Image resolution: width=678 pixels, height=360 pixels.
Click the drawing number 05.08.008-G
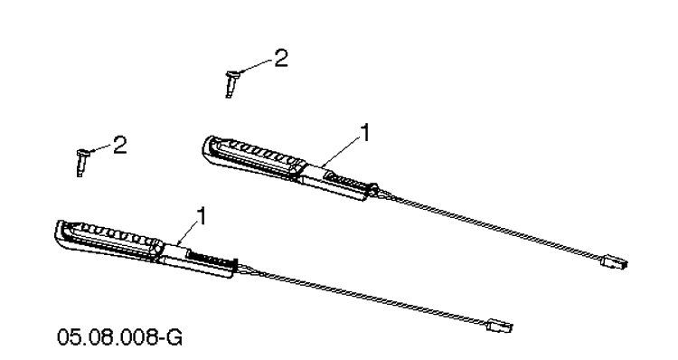[x=119, y=337]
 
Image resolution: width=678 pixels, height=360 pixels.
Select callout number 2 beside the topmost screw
[x=281, y=58]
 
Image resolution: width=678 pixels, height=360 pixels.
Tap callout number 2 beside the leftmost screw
[x=119, y=145]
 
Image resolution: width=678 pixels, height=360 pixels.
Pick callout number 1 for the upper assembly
[x=365, y=132]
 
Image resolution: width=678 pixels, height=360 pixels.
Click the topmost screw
[x=231, y=83]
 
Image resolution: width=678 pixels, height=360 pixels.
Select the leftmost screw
[x=81, y=162]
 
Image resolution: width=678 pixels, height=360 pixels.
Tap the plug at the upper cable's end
[x=614, y=261]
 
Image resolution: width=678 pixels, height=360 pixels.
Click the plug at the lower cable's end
[x=499, y=325]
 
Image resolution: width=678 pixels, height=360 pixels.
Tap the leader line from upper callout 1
[x=341, y=151]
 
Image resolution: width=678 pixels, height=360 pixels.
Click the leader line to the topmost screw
[x=257, y=66]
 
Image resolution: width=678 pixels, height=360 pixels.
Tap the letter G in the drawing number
[x=174, y=337]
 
